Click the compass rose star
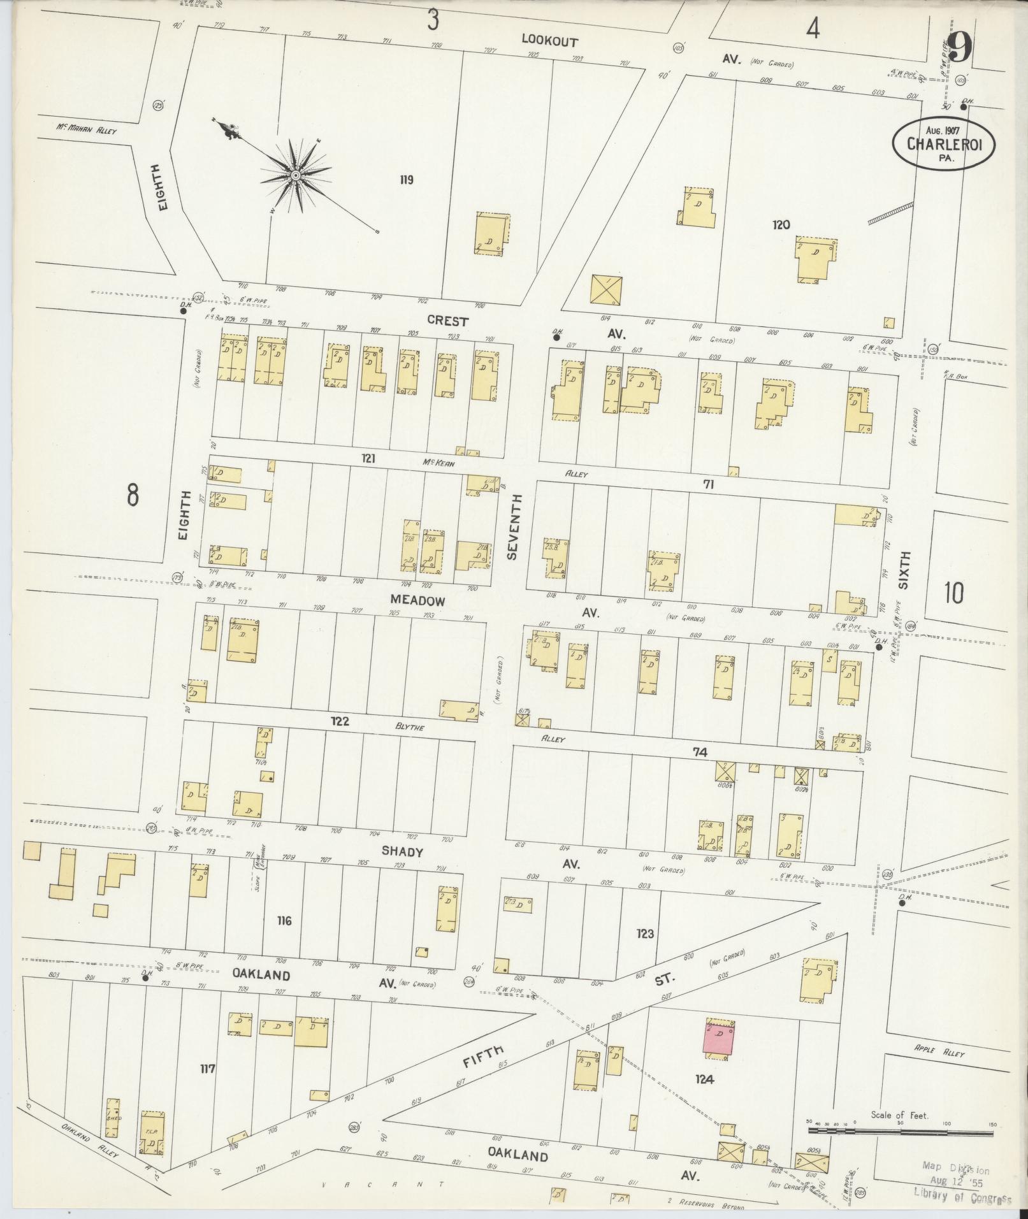click(x=296, y=175)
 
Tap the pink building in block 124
click(x=720, y=1039)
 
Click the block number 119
click(x=406, y=180)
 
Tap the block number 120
click(x=781, y=224)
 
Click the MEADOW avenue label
click(x=417, y=601)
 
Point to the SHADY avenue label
click(x=402, y=851)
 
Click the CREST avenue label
click(x=447, y=321)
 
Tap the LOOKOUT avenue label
click(x=549, y=41)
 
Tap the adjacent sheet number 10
click(x=954, y=593)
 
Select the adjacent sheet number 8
click(x=132, y=495)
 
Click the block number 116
click(x=284, y=921)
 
